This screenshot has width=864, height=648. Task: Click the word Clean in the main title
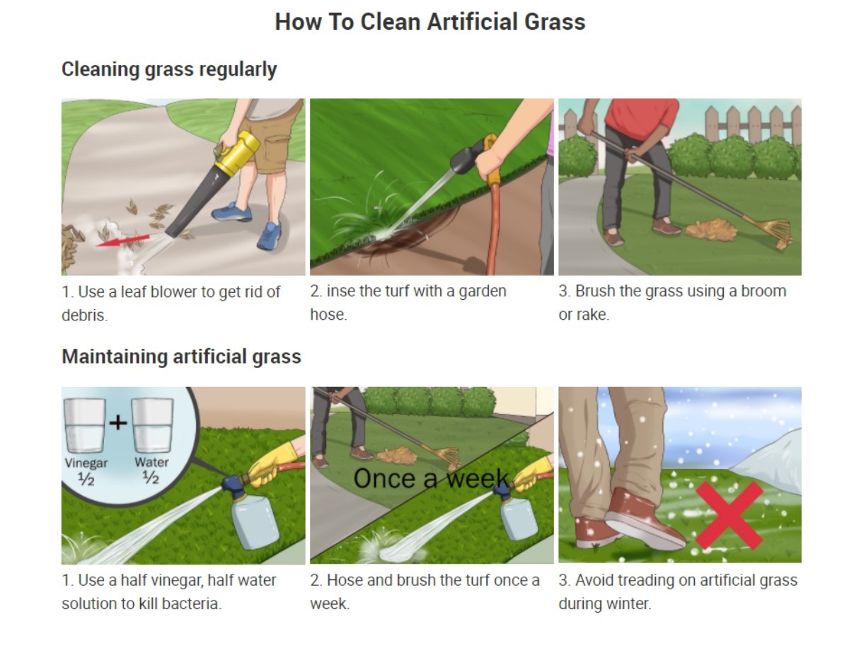click(389, 22)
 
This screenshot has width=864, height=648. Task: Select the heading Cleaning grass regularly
click(168, 69)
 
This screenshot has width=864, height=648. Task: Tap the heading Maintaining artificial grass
click(181, 357)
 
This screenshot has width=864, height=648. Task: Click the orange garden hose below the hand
click(493, 226)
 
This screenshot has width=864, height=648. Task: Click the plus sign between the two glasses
click(118, 423)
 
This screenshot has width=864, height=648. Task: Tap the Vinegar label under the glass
click(86, 463)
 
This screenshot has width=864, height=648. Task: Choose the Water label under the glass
click(151, 463)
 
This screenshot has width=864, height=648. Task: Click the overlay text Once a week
click(431, 479)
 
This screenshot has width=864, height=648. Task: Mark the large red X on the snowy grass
click(729, 514)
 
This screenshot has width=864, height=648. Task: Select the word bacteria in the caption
click(190, 604)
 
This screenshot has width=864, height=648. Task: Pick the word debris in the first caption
click(83, 316)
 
